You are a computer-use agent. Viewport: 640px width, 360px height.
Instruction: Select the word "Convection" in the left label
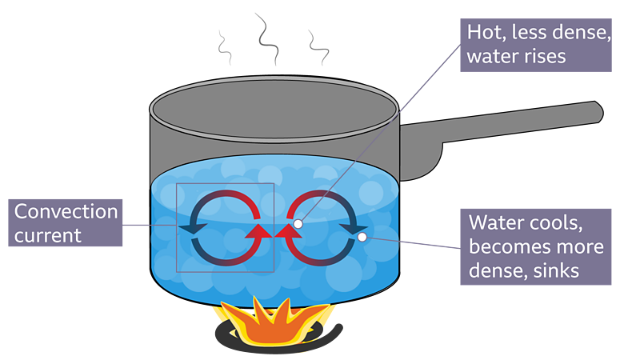66,212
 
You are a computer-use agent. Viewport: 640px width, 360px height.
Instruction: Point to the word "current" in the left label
48,235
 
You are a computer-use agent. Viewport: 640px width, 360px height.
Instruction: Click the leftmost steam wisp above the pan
225,50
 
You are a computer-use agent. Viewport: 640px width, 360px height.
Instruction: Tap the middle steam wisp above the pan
264,36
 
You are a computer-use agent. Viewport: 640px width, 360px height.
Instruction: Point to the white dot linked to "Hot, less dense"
298,225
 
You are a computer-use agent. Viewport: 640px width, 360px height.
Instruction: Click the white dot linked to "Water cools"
362,237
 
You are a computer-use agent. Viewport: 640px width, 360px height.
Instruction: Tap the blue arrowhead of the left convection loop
191,230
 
